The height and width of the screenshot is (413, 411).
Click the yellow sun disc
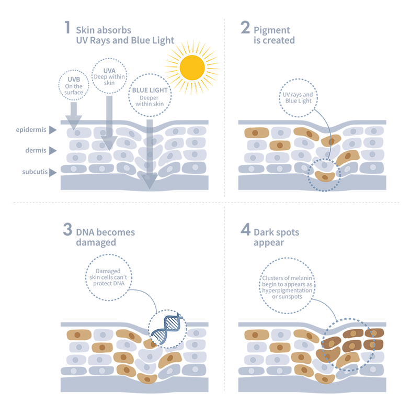(x=192, y=68)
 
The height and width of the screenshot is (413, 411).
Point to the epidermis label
(x=31, y=130)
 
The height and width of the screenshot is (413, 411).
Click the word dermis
(x=36, y=150)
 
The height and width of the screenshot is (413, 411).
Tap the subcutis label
(x=35, y=172)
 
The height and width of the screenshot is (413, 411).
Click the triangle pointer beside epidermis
(x=53, y=130)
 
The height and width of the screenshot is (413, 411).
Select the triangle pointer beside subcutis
(x=53, y=172)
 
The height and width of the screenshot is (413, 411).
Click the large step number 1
(x=67, y=27)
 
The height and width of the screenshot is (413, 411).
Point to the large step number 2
(x=245, y=27)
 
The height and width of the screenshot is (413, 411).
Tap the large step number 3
(x=67, y=229)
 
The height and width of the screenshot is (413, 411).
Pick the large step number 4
(x=245, y=229)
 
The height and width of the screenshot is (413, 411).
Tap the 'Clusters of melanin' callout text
(x=287, y=287)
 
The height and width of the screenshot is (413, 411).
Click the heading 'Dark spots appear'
(x=276, y=237)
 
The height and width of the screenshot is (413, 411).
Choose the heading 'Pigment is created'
(x=274, y=35)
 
